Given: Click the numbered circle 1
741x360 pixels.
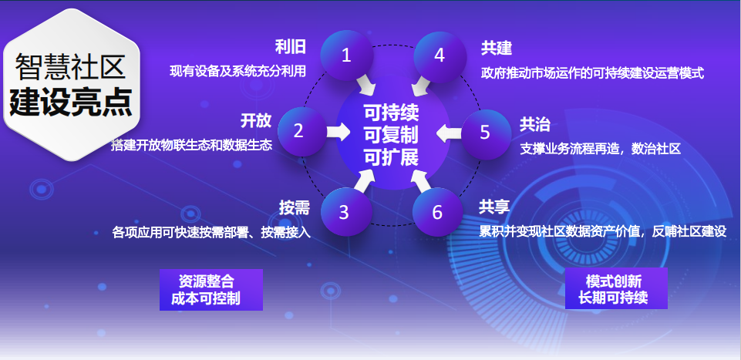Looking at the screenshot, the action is [x=347, y=56].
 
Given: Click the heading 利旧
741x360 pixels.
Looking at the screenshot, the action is [x=291, y=47].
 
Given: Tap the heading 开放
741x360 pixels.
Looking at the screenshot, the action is [x=256, y=120].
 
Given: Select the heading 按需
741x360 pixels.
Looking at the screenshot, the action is [x=294, y=208].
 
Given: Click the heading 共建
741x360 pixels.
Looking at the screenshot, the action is [x=497, y=49].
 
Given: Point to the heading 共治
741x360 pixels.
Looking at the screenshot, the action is [x=535, y=125].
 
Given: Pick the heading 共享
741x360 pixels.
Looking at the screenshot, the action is [x=493, y=207].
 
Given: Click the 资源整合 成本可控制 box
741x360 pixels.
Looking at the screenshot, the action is [x=211, y=290].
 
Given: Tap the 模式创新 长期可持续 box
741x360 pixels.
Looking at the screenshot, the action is [x=616, y=288].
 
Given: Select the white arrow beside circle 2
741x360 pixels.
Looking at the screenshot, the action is [x=339, y=132].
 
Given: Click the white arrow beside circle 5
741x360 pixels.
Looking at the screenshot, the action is [x=449, y=133].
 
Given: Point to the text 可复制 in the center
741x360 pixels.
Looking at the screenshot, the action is [x=391, y=136].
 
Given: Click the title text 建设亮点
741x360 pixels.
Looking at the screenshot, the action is [x=71, y=103].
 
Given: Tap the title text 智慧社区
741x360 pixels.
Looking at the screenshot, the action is [x=70, y=67].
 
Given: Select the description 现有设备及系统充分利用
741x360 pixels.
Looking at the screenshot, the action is [x=238, y=72].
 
